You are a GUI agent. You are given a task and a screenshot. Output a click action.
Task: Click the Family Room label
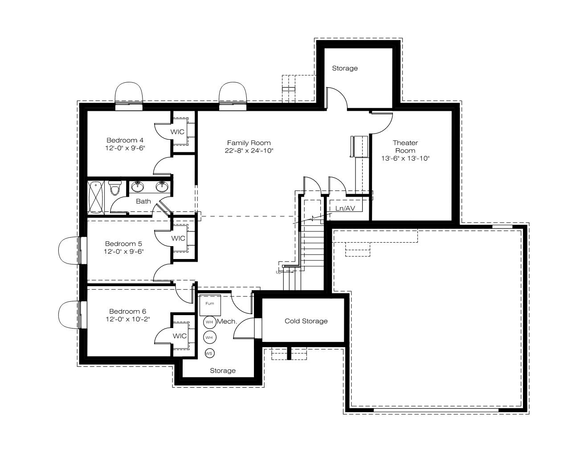pyautogui.click(x=249, y=143)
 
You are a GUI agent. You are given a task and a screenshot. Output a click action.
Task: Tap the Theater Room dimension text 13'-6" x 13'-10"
pyautogui.click(x=405, y=158)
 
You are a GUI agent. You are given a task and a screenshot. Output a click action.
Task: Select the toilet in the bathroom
pyautogui.click(x=115, y=188)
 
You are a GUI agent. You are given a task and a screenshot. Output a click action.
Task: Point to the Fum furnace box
pyautogui.click(x=210, y=305)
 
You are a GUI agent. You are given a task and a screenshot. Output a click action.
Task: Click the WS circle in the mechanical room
pyautogui.click(x=209, y=353)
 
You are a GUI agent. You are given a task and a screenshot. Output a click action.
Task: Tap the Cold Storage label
pyautogui.click(x=306, y=321)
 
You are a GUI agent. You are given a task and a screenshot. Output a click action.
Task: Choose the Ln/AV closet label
pyautogui.click(x=345, y=208)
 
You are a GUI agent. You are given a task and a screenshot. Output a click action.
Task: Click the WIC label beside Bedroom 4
pyautogui.click(x=177, y=132)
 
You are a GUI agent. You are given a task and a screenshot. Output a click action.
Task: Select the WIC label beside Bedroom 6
pyautogui.click(x=180, y=336)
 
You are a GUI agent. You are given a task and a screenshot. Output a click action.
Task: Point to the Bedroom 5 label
pyautogui.click(x=123, y=243)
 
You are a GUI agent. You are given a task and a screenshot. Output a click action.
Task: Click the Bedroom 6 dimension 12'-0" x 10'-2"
pyautogui.click(x=128, y=319)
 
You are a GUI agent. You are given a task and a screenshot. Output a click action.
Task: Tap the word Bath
pyautogui.click(x=143, y=201)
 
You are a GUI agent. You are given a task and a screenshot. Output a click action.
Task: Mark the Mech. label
pyautogui.click(x=227, y=321)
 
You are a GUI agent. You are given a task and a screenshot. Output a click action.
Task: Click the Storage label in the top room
pyautogui.click(x=345, y=68)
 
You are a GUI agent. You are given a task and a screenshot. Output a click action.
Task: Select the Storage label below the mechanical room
pyautogui.click(x=223, y=370)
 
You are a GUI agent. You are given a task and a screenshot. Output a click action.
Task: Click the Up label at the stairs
pyautogui.click(x=278, y=272)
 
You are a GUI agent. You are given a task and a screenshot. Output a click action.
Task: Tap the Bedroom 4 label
pyautogui.click(x=125, y=140)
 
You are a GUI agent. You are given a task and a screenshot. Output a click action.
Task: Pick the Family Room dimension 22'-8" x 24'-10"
pyautogui.click(x=249, y=150)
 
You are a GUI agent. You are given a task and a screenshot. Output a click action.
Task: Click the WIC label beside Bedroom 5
pyautogui.click(x=178, y=238)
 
